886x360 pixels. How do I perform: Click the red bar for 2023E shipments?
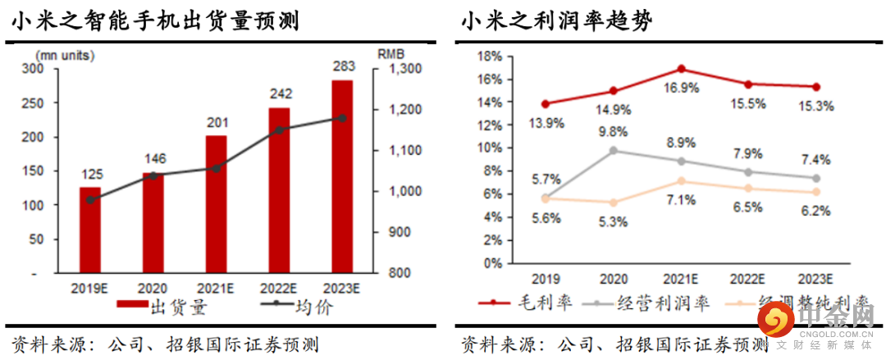[343, 175]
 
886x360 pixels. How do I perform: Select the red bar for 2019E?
[90, 229]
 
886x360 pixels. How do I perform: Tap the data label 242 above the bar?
[279, 94]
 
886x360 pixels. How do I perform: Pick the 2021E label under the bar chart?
[216, 288]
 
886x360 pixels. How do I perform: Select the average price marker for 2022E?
[279, 130]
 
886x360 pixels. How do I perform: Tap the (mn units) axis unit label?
[64, 55]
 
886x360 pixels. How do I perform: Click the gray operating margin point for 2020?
[614, 151]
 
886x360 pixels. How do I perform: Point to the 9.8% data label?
[613, 131]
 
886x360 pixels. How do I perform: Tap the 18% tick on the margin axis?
[489, 56]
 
